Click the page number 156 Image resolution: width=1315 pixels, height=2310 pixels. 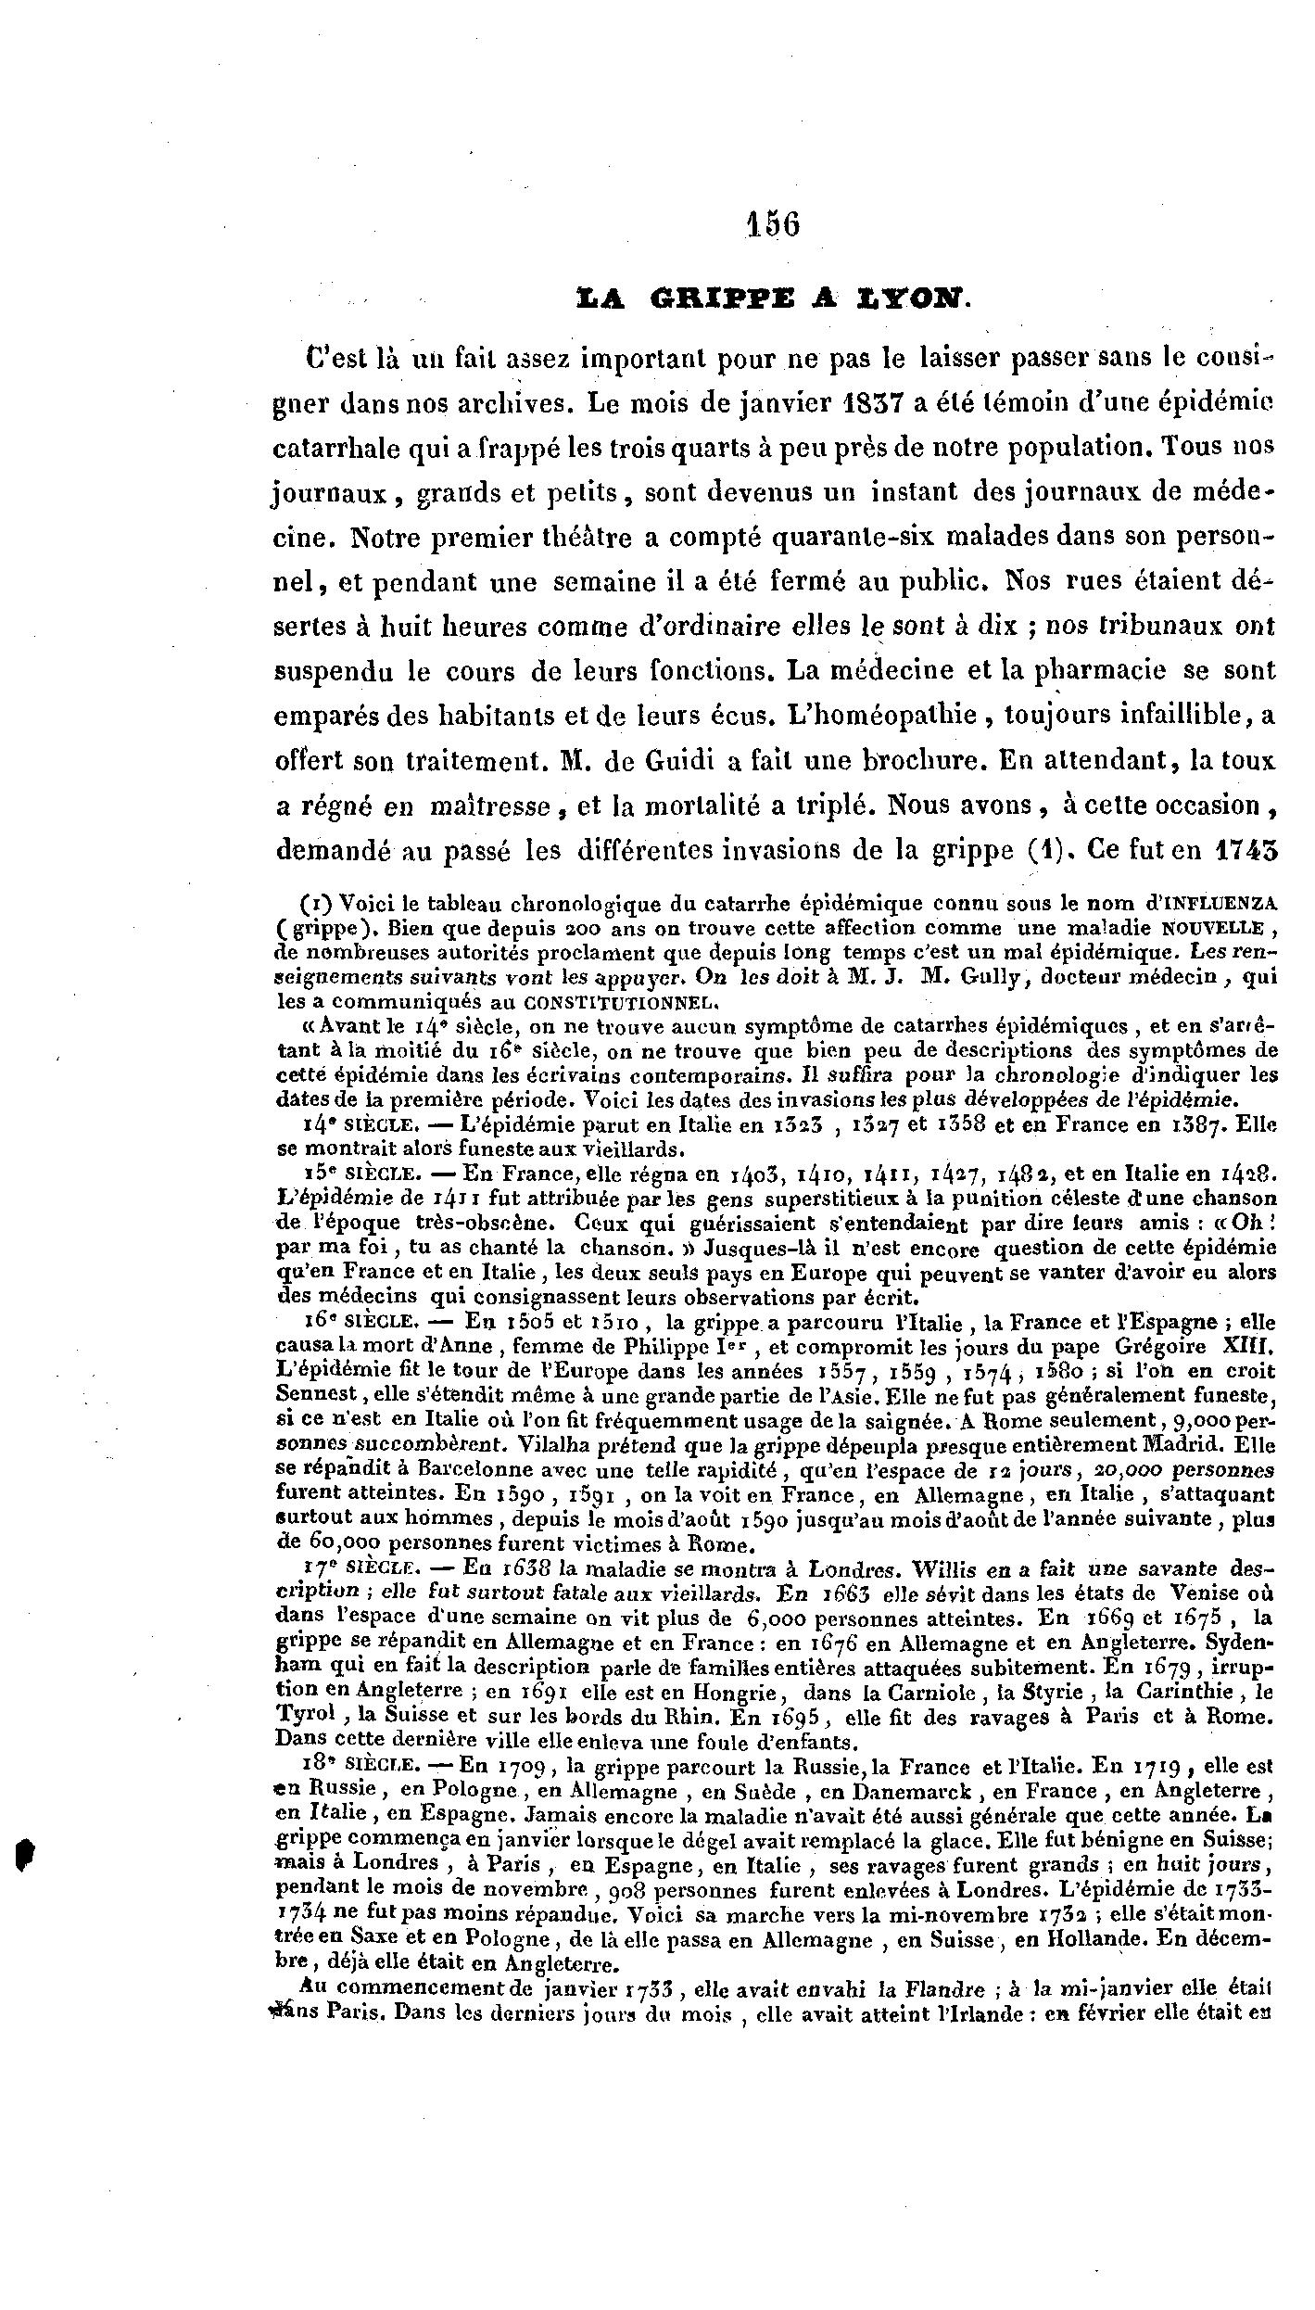pyautogui.click(x=773, y=224)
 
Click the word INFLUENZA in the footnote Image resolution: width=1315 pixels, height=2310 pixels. pyautogui.click(x=1221, y=901)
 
